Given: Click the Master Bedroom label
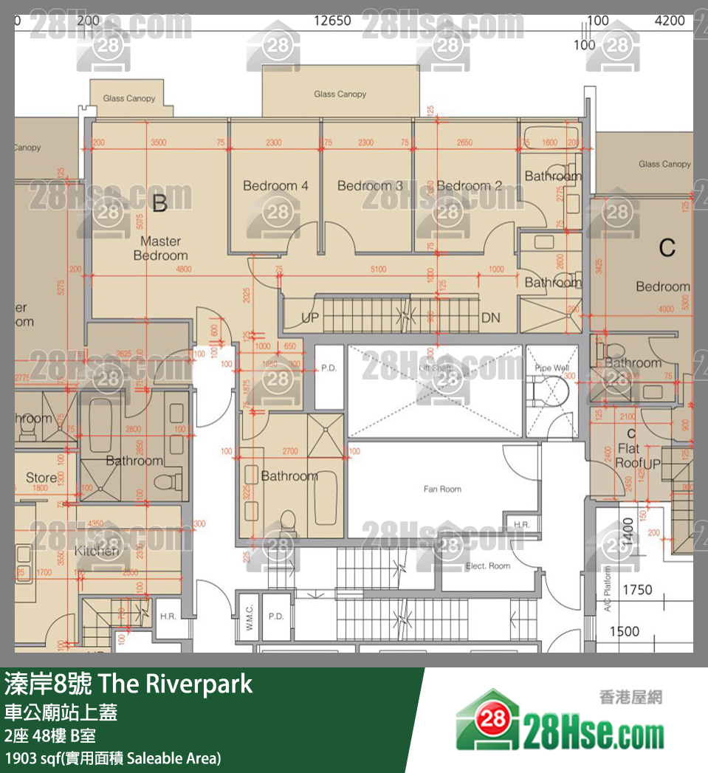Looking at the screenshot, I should click(x=160, y=248).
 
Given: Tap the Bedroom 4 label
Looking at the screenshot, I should click(x=275, y=186).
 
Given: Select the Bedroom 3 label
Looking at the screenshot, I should click(x=370, y=186).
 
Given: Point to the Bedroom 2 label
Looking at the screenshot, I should click(x=469, y=186).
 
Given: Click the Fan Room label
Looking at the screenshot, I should click(x=442, y=489).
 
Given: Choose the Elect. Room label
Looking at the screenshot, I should click(x=488, y=566).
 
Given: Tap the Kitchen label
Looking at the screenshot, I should click(x=97, y=552).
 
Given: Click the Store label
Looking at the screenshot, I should click(x=41, y=478).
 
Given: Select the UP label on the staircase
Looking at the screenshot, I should click(x=310, y=318).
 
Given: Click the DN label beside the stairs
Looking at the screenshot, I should click(x=490, y=318).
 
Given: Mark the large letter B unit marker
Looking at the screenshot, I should click(x=159, y=203).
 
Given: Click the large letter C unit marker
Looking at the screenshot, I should click(x=667, y=247).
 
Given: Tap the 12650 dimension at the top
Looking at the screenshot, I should click(x=332, y=21).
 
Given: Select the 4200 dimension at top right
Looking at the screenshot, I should click(x=670, y=21).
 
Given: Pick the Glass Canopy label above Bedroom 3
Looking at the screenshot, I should click(x=340, y=94).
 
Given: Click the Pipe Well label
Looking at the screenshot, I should click(x=552, y=367).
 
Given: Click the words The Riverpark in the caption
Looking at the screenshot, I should click(x=174, y=684).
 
